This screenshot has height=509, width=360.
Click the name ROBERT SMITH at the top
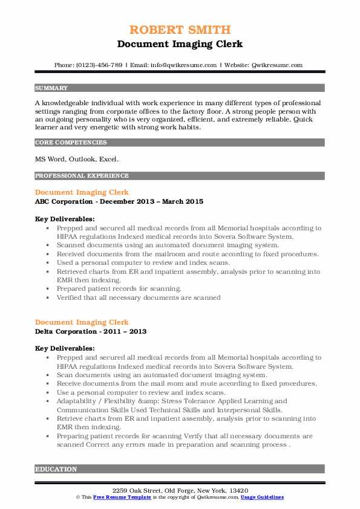point(180,30)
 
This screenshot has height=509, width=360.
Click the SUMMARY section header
point(51,88)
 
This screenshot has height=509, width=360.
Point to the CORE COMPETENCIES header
point(71,143)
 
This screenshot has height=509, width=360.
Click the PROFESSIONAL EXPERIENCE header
point(82,176)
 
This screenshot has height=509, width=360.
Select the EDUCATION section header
point(56,469)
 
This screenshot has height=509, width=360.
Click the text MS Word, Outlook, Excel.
point(77,160)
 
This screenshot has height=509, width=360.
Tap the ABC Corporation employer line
point(119,201)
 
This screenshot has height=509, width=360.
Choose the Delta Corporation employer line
point(91,331)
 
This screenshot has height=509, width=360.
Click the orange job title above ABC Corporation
point(82,192)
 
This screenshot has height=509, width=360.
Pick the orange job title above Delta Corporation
point(82,322)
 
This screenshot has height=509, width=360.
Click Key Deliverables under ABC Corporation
point(65,219)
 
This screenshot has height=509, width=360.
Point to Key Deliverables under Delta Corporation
point(65,349)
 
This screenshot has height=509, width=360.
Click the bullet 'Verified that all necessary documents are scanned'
point(139,297)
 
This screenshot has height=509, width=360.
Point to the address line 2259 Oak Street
point(180,489)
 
